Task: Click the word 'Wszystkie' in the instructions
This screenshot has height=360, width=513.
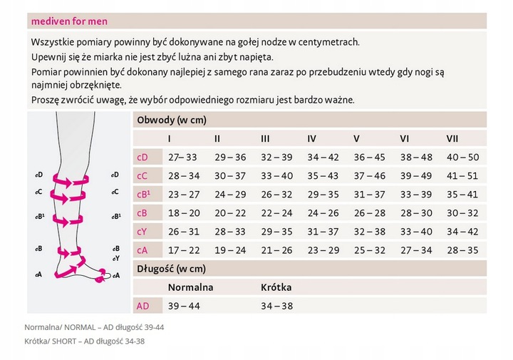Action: tap(53, 42)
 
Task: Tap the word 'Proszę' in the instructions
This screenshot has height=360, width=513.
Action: tap(47, 100)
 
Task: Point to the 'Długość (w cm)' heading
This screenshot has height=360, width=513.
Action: tap(171, 268)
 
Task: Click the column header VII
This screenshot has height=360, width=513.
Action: tap(452, 138)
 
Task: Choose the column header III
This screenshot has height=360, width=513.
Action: tap(265, 138)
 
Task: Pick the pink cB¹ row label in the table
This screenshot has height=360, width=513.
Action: tap(143, 194)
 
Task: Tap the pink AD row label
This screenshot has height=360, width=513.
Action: tap(142, 305)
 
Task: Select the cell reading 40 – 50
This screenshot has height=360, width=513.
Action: tap(462, 157)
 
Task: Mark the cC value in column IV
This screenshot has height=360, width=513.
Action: tap(323, 175)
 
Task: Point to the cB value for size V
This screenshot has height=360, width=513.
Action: tap(369, 212)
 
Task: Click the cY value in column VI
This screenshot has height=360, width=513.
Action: tap(416, 231)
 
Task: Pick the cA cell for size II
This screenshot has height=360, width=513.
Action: tap(229, 250)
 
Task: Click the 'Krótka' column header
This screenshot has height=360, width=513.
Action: tap(276, 287)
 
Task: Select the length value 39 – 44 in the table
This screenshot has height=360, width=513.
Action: tap(184, 305)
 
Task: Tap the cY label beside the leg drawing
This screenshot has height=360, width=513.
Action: tap(115, 258)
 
